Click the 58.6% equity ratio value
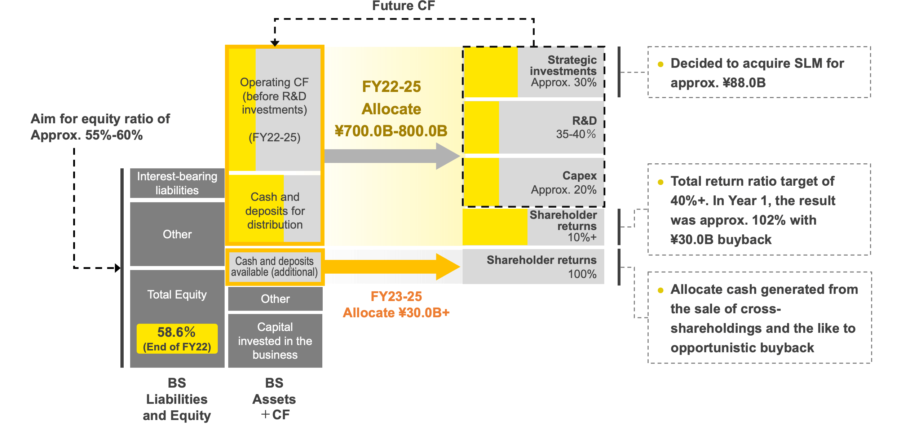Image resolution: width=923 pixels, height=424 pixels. (176, 332)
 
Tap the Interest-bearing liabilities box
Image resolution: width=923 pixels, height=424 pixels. (177, 183)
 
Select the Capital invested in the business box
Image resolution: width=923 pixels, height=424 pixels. (275, 341)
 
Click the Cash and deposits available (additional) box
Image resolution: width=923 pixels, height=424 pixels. (274, 267)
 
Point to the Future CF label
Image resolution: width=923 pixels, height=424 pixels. (403, 6)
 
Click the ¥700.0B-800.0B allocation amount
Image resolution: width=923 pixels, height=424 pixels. (391, 131)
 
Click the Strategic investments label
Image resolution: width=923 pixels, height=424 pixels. (563, 65)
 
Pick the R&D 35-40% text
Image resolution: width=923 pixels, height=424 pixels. (576, 127)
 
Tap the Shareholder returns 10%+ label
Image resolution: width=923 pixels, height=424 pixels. (563, 226)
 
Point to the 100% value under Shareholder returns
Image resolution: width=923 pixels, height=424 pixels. (582, 274)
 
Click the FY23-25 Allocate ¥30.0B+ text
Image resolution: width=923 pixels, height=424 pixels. (396, 305)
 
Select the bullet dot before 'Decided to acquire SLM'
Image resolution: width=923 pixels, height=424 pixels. (661, 65)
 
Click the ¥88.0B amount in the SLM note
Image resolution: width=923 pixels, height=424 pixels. (744, 83)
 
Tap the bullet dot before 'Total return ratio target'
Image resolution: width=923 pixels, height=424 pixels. (661, 182)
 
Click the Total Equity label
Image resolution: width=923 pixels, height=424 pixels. (177, 295)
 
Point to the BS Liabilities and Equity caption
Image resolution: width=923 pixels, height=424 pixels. (177, 399)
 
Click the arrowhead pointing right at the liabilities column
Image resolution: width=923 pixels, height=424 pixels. (117, 268)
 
